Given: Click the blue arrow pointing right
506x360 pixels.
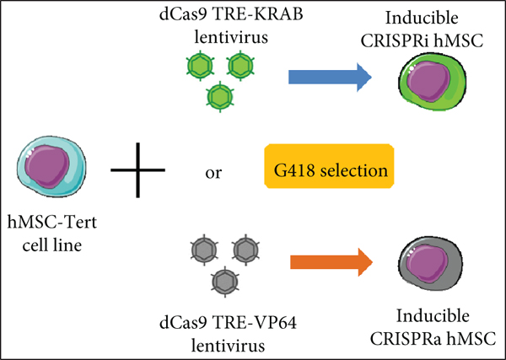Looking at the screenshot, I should click(x=329, y=77).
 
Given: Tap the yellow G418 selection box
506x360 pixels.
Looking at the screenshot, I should click(x=329, y=170).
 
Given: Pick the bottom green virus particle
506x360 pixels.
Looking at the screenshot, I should click(x=219, y=95).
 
